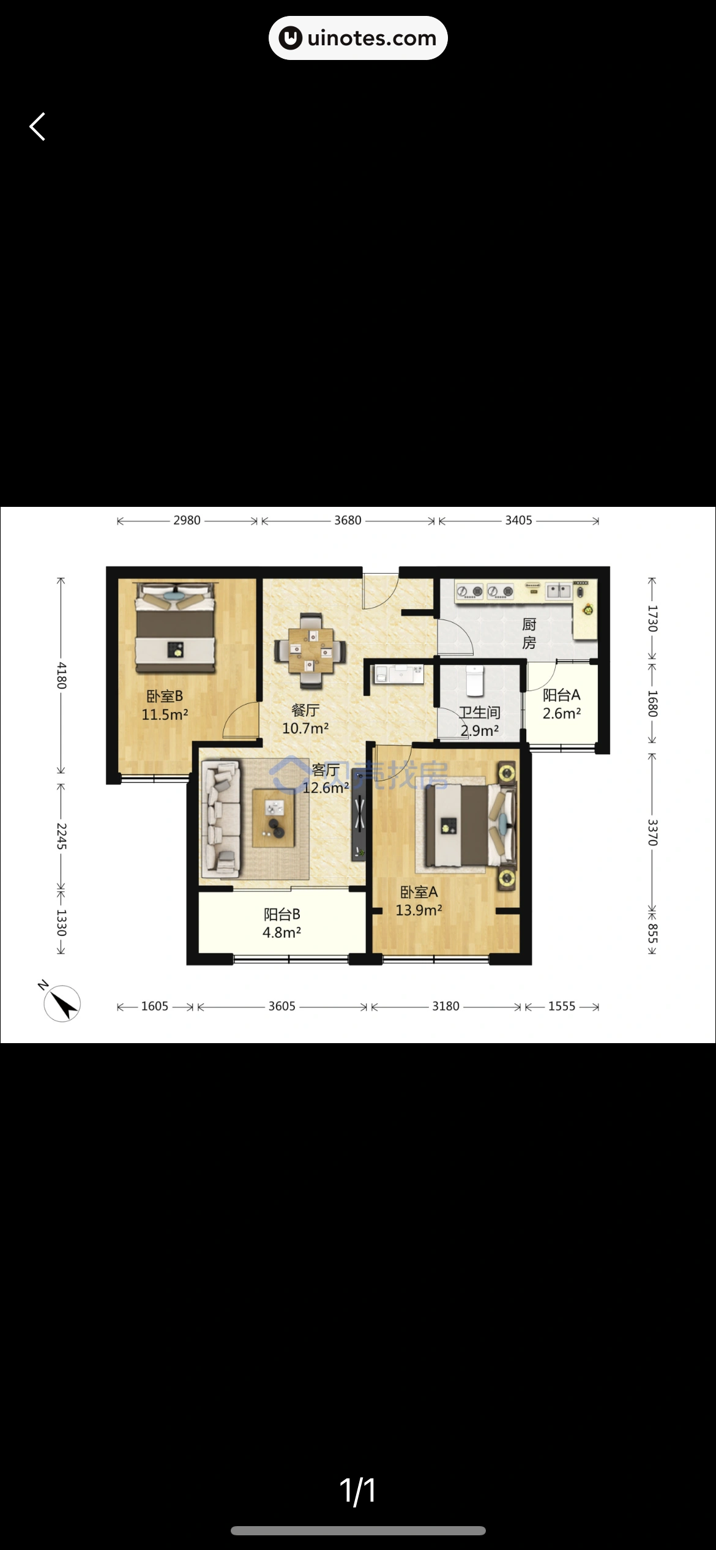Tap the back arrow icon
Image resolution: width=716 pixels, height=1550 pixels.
(37, 127)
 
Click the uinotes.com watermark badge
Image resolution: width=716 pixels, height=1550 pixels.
(358, 38)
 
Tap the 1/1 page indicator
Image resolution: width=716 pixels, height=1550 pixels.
(358, 1490)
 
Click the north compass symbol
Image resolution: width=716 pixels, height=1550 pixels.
(61, 1002)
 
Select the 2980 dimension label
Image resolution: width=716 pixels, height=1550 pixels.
(187, 520)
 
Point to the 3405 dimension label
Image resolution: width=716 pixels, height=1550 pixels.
(518, 520)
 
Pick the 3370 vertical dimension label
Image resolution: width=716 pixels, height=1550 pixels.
(653, 833)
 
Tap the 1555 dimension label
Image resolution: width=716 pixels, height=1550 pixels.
(562, 1006)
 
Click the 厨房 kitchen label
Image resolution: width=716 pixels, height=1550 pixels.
(529, 634)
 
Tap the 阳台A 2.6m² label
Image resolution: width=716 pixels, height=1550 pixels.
(562, 704)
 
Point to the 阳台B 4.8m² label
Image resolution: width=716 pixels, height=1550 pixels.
(282, 923)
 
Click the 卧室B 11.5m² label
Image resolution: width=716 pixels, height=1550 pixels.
(165, 705)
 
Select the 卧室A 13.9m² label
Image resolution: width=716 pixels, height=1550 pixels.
(419, 901)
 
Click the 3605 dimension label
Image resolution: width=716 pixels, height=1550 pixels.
(282, 1006)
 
